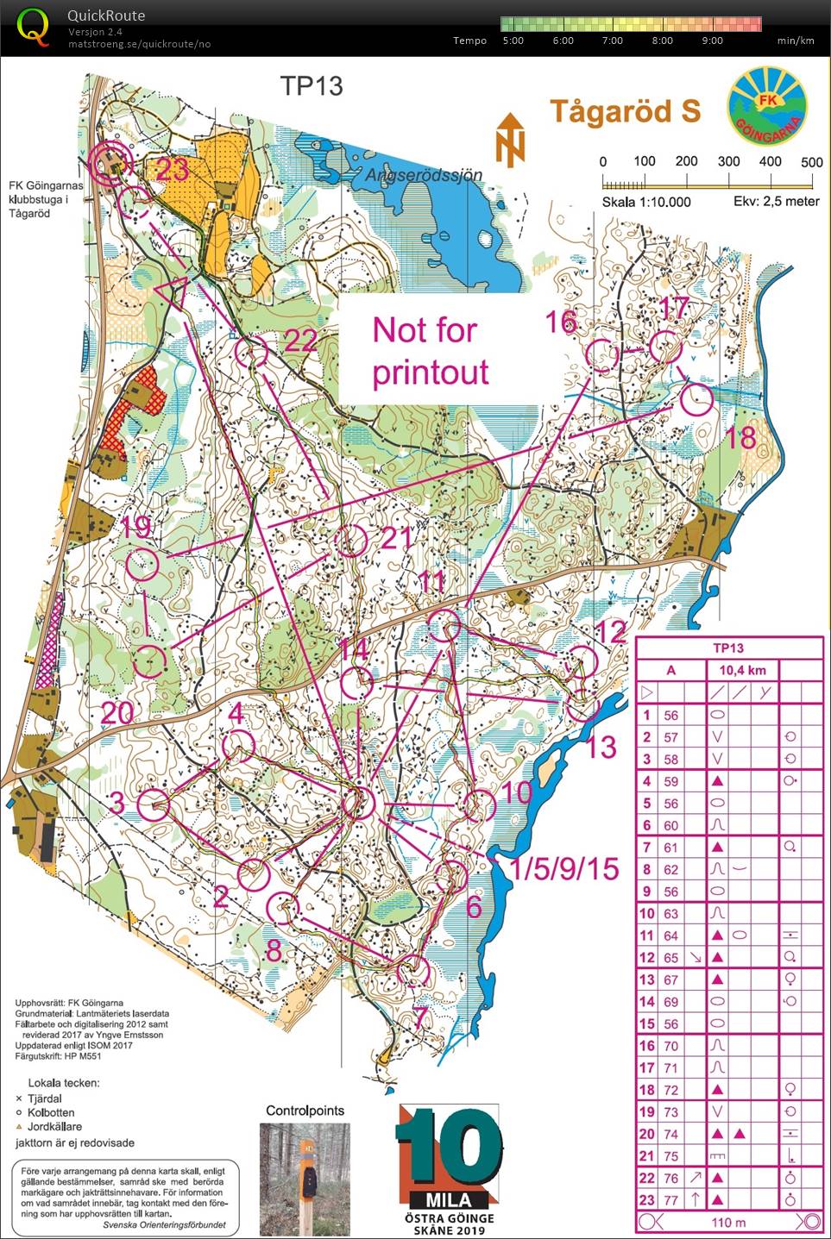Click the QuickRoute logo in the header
[33, 28]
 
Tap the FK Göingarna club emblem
[767, 107]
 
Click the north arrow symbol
[510, 139]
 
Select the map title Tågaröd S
[625, 111]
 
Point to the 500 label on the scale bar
[811, 161]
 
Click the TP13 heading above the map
[311, 86]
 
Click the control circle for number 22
[251, 352]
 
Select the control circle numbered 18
[697, 400]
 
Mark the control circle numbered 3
[154, 805]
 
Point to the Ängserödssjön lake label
[424, 175]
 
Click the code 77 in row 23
[670, 1199]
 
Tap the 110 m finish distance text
[728, 1222]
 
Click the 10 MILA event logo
[450, 1168]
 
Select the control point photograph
[305, 1179]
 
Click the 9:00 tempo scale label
[712, 41]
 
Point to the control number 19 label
[135, 527]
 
